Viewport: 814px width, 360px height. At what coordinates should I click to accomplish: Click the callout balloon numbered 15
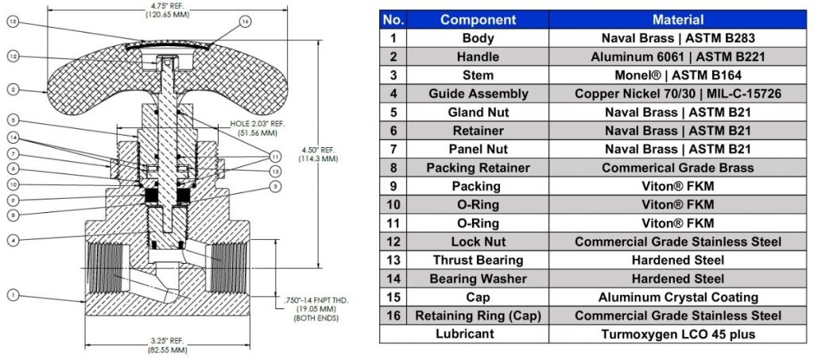(x=14, y=21)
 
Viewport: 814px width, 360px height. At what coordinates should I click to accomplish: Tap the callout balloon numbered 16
(x=246, y=21)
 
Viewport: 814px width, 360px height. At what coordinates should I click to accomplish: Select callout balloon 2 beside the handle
(x=14, y=89)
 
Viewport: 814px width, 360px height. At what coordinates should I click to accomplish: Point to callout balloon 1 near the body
(x=14, y=295)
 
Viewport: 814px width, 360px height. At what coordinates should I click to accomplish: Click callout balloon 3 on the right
(x=276, y=185)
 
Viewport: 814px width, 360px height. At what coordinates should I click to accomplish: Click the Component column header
(x=478, y=20)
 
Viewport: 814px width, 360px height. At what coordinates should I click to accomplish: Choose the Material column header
(x=678, y=20)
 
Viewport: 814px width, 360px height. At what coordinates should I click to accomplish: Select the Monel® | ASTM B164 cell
(x=678, y=75)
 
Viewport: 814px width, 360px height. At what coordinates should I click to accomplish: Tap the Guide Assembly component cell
(x=478, y=94)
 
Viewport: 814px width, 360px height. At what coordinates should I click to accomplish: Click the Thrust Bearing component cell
(x=478, y=260)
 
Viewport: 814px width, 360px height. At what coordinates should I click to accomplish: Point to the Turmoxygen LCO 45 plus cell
(x=678, y=334)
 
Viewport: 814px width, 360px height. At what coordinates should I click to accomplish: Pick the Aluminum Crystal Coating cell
(x=678, y=297)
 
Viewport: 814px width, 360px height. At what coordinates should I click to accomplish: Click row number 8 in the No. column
(x=393, y=168)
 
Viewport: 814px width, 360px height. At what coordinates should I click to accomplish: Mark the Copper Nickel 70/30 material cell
(x=678, y=94)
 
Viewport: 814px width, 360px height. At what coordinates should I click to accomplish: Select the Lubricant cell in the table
(x=464, y=334)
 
